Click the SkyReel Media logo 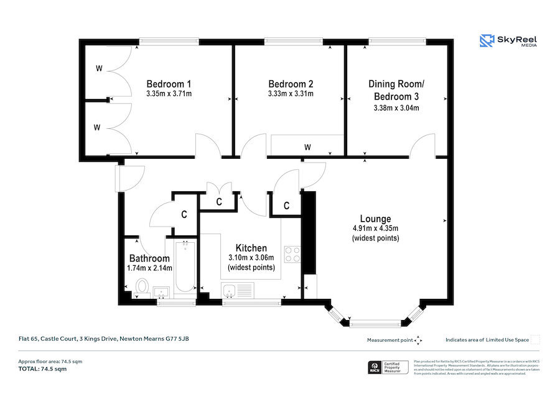pyautogui.click(x=509, y=41)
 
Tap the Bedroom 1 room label pyautogui.click(x=168, y=84)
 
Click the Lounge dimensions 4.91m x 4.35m pyautogui.click(x=375, y=229)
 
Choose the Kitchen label pyautogui.click(x=251, y=248)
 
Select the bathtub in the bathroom pyautogui.click(x=185, y=266)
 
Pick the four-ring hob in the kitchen pyautogui.click(x=292, y=255)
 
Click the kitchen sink pyautogui.click(x=230, y=290)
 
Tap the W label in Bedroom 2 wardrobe pyautogui.click(x=307, y=148)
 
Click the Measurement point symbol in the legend pyautogui.click(x=418, y=340)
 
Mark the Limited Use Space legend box pyautogui.click(x=534, y=339)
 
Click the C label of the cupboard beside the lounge pyautogui.click(x=286, y=205)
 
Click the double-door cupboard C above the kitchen pyautogui.click(x=219, y=201)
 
